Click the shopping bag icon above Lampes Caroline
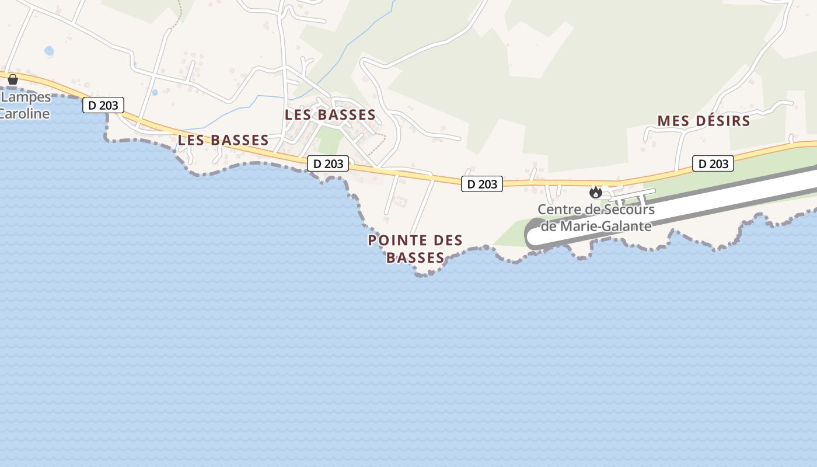[x=13, y=79]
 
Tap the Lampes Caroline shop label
[x=26, y=105]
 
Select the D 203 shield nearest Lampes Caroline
[x=103, y=105]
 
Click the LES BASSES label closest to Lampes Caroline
[x=223, y=140]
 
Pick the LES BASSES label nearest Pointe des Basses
[x=330, y=115]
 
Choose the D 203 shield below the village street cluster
[x=328, y=163]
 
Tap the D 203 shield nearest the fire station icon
[x=482, y=184]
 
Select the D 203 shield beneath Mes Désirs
[x=713, y=163]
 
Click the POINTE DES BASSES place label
[x=416, y=249]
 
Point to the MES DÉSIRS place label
[x=703, y=121]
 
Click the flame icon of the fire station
[x=595, y=191]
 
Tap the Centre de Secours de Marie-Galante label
[x=596, y=218]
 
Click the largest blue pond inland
[x=49, y=51]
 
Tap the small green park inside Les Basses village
[x=330, y=141]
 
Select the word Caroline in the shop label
[x=25, y=113]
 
